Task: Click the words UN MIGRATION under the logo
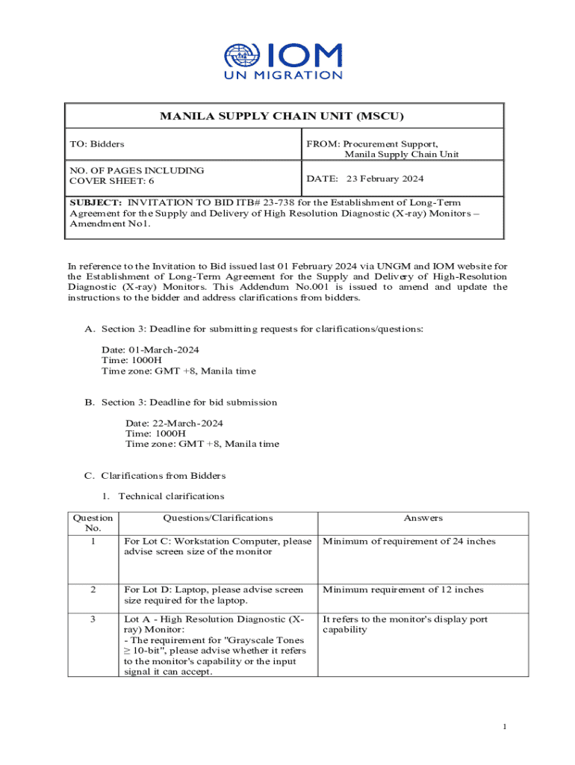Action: [x=284, y=75]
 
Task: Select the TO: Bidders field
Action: [x=97, y=143]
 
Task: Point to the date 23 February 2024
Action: [x=385, y=179]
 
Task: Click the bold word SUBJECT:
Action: [x=96, y=202]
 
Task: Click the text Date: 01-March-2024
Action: [x=150, y=350]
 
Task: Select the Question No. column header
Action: [x=93, y=523]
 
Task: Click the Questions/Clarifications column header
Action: [x=218, y=518]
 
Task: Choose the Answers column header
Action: [x=423, y=518]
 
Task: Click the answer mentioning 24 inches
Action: [x=408, y=542]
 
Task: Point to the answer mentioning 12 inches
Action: [x=402, y=589]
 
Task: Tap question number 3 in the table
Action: [x=93, y=619]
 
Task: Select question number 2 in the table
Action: [x=93, y=589]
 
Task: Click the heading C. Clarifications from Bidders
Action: [x=155, y=475]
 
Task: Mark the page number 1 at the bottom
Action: [x=506, y=727]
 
